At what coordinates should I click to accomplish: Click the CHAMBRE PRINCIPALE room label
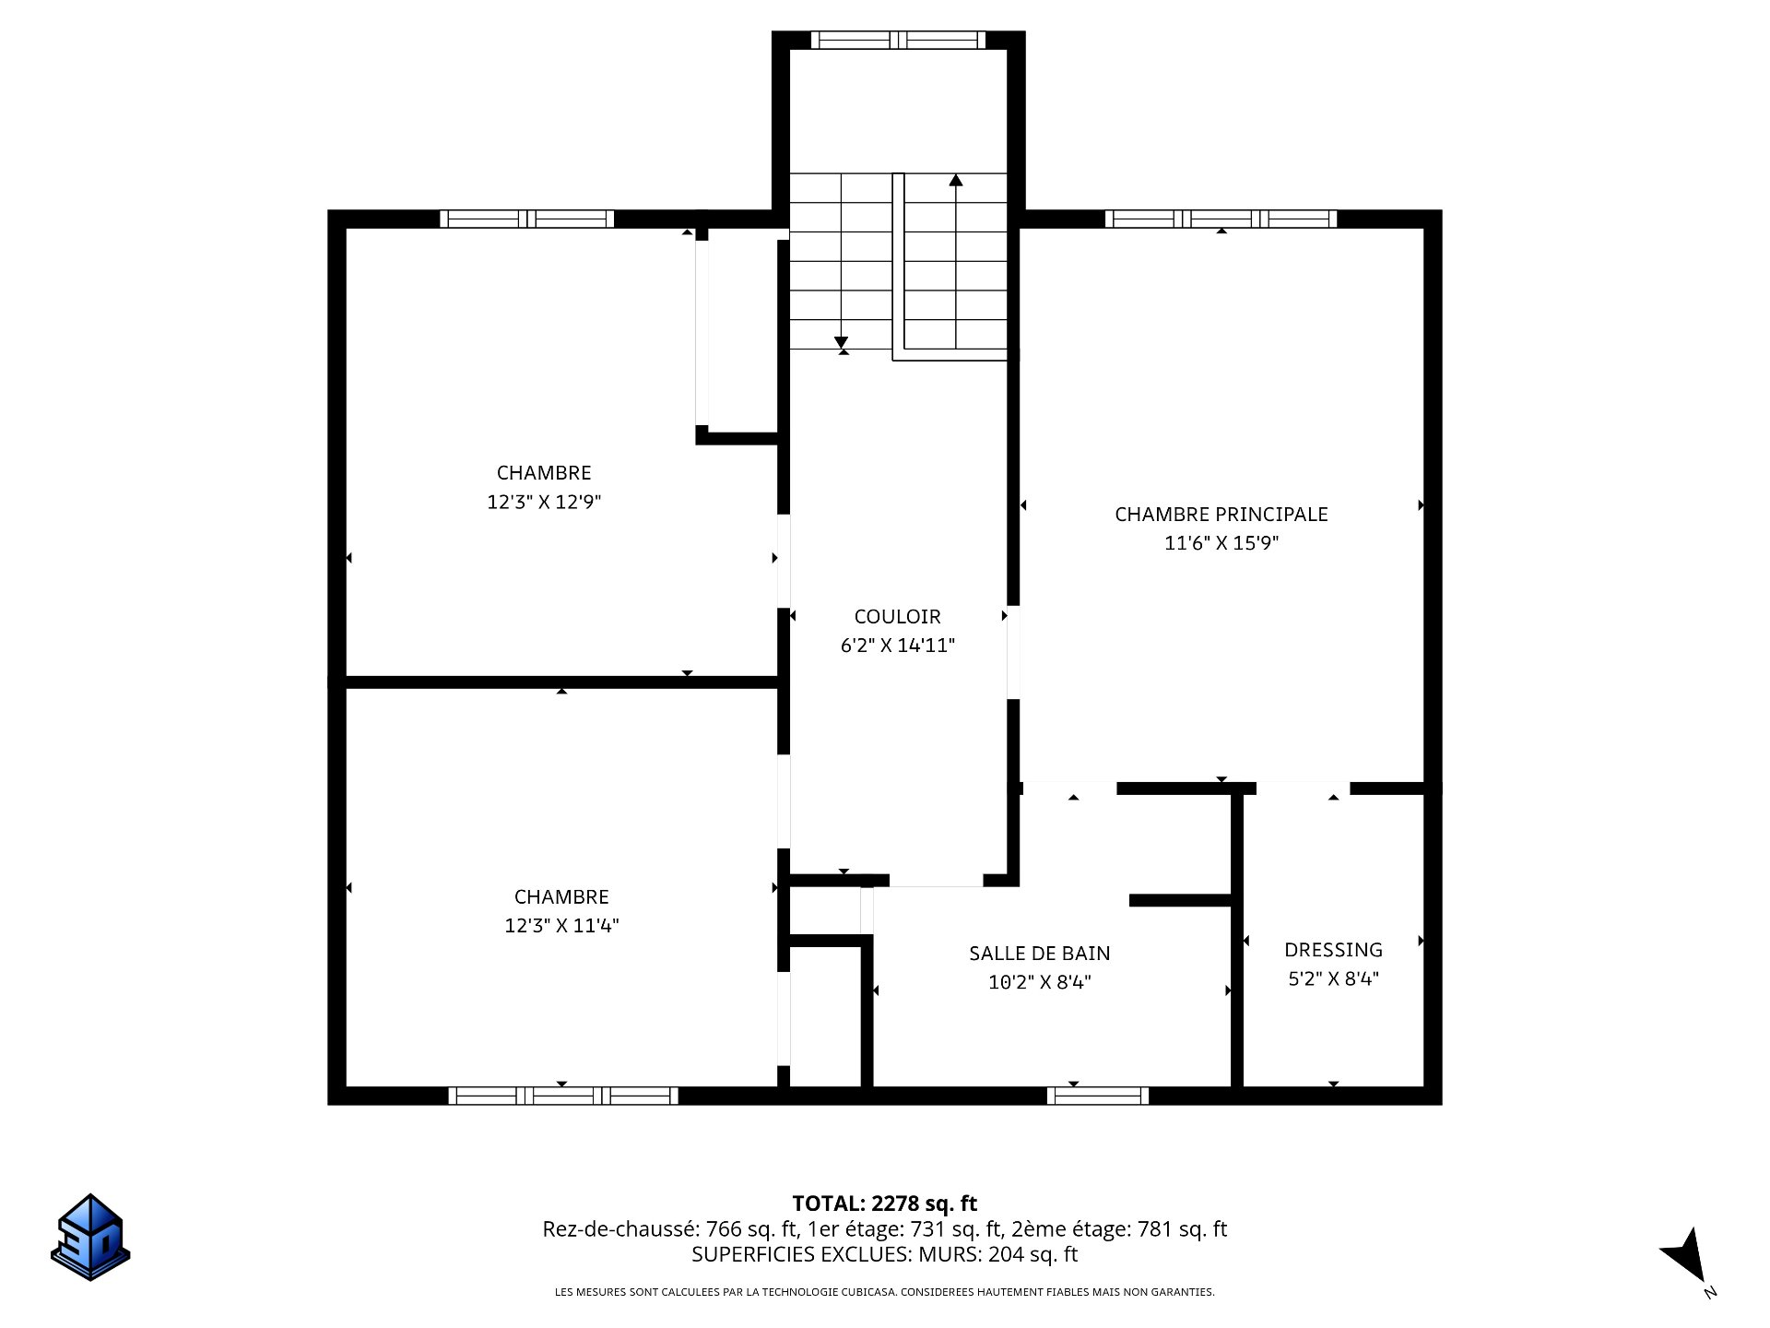[x=1221, y=515]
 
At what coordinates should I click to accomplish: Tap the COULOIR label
[x=897, y=617]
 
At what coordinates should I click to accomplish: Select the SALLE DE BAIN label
[x=1040, y=954]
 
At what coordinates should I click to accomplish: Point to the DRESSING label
[x=1333, y=950]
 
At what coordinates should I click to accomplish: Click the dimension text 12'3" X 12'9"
[x=544, y=503]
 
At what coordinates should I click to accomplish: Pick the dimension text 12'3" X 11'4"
[x=561, y=926]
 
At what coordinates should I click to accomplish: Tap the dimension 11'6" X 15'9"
[x=1221, y=543]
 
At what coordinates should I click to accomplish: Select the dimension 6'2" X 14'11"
[x=897, y=646]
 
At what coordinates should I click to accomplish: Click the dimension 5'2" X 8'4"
[x=1333, y=978]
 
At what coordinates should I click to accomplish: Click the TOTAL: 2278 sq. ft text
[x=885, y=1203]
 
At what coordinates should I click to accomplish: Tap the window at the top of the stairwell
[x=898, y=40]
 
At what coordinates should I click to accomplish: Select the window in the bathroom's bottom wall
[x=1098, y=1096]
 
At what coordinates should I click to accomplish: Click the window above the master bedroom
[x=1221, y=219]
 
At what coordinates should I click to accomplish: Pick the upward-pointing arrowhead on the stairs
[x=956, y=180]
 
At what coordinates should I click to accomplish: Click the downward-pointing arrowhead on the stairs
[x=841, y=342]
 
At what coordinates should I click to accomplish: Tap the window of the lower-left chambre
[x=563, y=1096]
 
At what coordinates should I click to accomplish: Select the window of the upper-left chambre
[x=526, y=219]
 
